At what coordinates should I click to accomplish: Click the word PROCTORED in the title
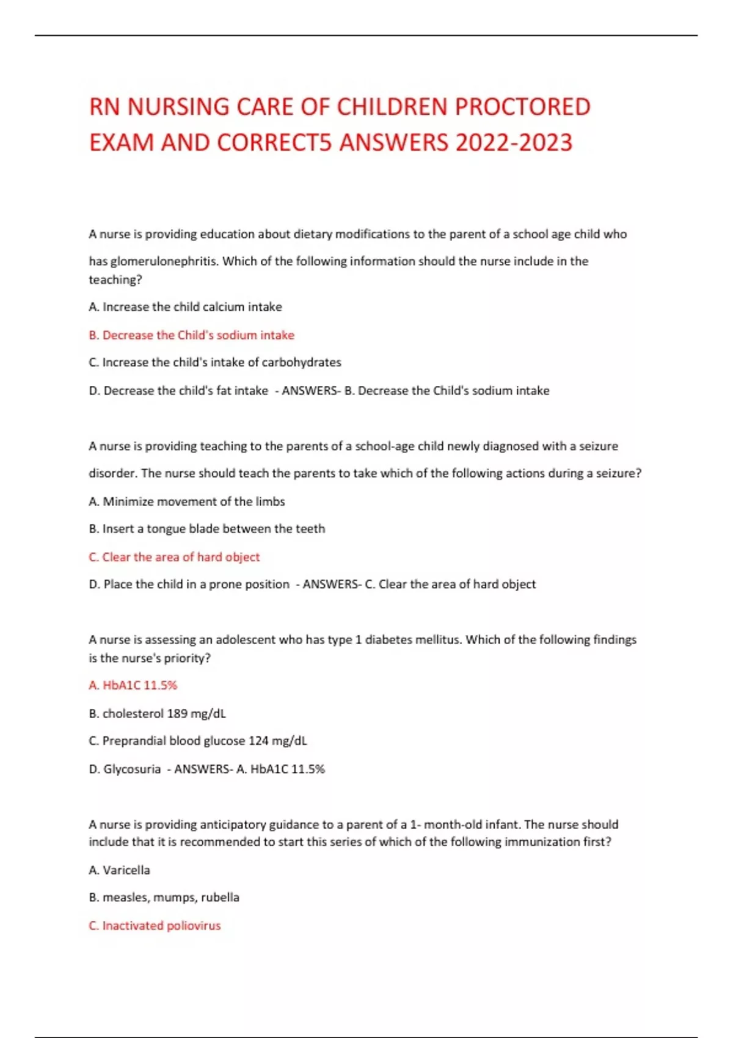523,107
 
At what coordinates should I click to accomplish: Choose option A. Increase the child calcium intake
185,307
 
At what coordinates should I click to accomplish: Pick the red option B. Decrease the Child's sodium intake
191,335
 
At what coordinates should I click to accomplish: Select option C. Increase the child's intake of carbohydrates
214,363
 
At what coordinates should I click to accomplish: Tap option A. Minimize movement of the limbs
186,502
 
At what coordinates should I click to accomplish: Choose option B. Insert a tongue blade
206,529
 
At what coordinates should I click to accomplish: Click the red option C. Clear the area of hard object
174,557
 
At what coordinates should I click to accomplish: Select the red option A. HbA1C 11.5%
133,686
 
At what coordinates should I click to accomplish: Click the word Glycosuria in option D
132,769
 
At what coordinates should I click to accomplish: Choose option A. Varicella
119,870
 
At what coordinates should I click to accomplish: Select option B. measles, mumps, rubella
164,898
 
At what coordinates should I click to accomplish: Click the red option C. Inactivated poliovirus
155,926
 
